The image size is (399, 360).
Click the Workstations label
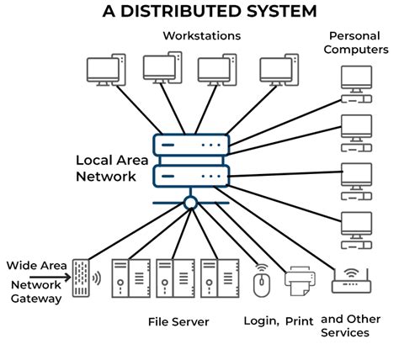201,36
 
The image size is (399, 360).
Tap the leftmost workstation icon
106,71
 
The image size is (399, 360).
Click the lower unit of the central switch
191,175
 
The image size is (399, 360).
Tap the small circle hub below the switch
191,202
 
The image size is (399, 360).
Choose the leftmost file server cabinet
122,277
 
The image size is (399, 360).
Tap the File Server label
178,322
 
